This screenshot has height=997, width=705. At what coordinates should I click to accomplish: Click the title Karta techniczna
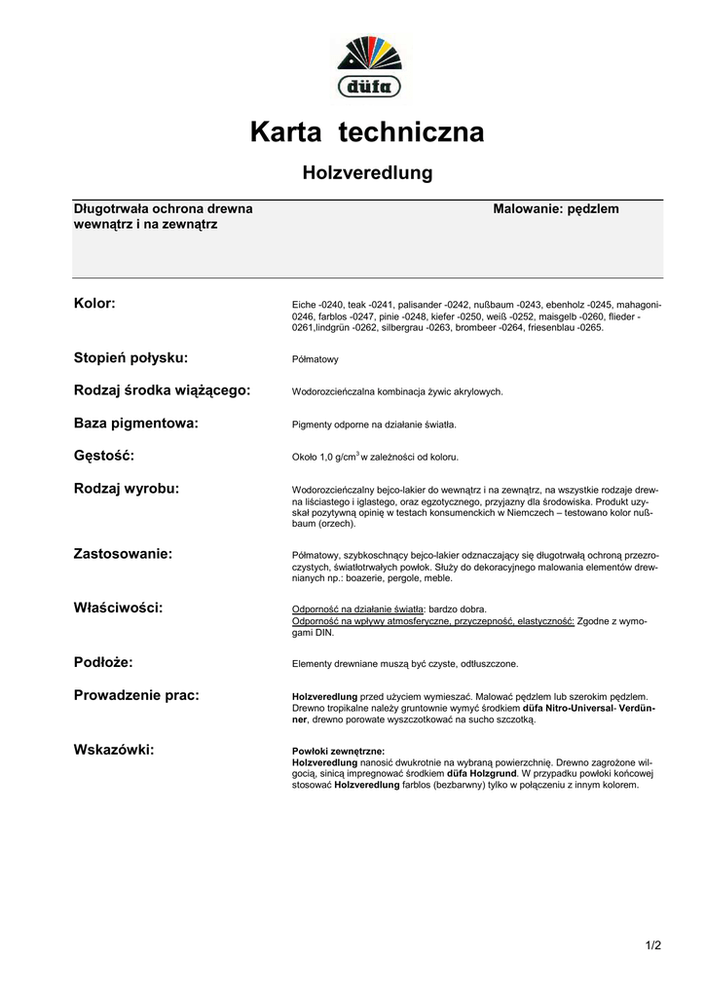(x=366, y=131)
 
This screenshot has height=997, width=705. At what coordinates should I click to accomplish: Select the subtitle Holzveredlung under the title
(x=366, y=173)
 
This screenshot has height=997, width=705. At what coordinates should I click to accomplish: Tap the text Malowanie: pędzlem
(x=556, y=209)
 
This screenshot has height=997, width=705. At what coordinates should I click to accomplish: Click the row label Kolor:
(x=94, y=304)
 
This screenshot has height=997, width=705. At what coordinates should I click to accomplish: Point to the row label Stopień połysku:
(x=130, y=358)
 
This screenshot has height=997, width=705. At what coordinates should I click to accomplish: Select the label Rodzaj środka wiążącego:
(x=162, y=390)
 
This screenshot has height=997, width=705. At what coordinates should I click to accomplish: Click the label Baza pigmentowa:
(x=136, y=424)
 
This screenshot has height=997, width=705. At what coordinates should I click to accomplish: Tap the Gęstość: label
(x=104, y=456)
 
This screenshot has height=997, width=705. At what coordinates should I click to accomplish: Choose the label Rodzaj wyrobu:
(x=127, y=488)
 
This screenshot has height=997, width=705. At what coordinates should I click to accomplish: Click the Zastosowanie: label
(x=123, y=554)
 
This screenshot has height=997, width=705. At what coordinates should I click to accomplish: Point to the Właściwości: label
(x=118, y=608)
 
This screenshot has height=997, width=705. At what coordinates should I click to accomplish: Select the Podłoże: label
(x=103, y=662)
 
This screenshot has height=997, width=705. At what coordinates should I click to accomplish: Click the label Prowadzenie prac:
(x=136, y=695)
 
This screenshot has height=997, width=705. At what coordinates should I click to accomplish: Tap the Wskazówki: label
(x=114, y=749)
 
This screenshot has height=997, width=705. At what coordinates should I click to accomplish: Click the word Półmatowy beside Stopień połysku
(x=315, y=360)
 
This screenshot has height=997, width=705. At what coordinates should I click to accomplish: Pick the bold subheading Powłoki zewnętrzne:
(x=338, y=752)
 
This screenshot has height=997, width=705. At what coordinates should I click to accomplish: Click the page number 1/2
(x=652, y=945)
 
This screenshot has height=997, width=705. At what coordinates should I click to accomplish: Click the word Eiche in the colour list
(x=305, y=306)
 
